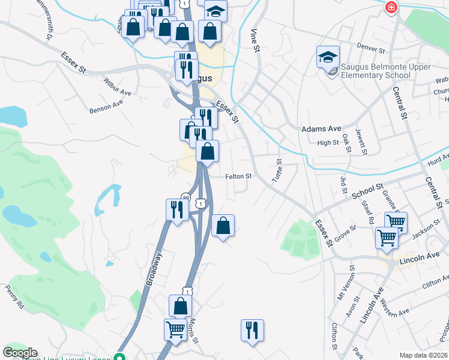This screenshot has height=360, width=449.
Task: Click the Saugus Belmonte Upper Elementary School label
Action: click(x=376, y=71)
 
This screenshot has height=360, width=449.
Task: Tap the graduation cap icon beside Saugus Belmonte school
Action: click(x=328, y=57)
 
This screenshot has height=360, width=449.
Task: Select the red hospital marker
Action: click(x=391, y=8)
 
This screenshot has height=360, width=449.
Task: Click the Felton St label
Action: click(x=237, y=176)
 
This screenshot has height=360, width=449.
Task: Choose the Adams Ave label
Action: click(x=321, y=128)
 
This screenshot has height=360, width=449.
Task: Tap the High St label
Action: click(x=328, y=143)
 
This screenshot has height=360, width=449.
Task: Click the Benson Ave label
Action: click(x=106, y=106)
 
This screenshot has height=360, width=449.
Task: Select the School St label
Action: click(x=367, y=191)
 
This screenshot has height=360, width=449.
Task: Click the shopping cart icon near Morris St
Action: click(x=175, y=329)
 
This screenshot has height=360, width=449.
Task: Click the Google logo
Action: click(x=20, y=353)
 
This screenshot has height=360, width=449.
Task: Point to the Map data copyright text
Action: click(x=423, y=355)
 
